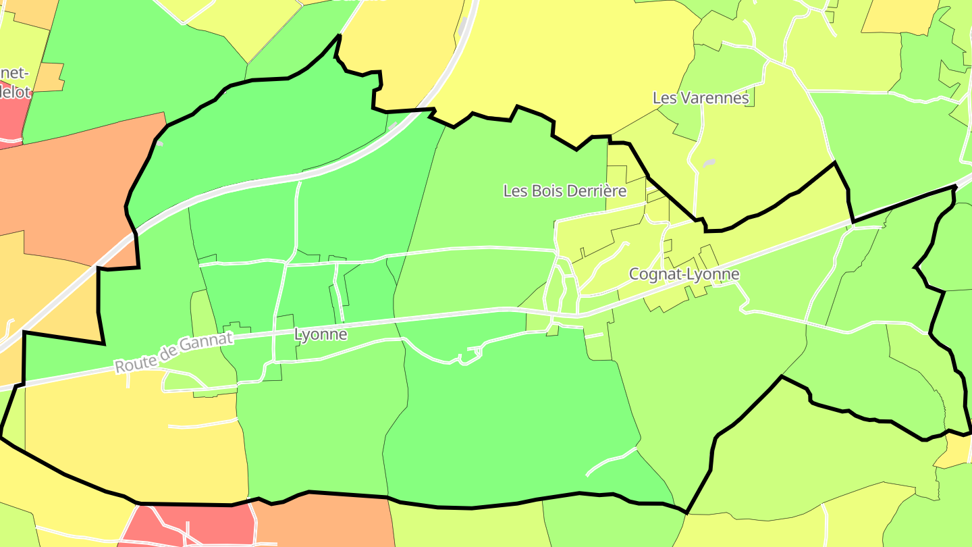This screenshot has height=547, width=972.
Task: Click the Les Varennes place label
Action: pyautogui.click(x=701, y=98)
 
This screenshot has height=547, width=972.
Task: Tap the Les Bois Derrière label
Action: pyautogui.click(x=565, y=191)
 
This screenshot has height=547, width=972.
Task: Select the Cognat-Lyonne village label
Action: pyautogui.click(x=684, y=274)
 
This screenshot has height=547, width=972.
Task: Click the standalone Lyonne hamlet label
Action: pyautogui.click(x=321, y=334)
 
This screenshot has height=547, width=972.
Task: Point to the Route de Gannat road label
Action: pyautogui.click(x=173, y=352)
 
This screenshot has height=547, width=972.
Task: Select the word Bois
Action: pyautogui.click(x=541, y=191)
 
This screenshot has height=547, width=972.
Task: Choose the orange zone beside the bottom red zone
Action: pyautogui.click(x=324, y=523)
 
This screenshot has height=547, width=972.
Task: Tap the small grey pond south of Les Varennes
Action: pyautogui.click(x=708, y=163)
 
